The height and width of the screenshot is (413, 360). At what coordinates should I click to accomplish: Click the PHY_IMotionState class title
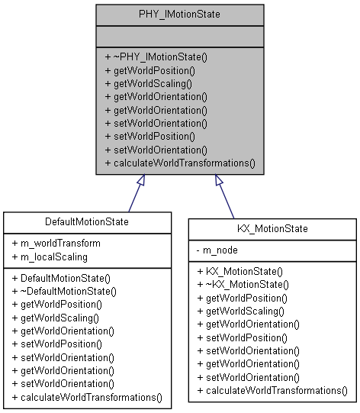click(179, 15)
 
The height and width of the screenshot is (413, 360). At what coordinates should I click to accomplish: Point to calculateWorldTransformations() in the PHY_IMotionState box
click(179, 163)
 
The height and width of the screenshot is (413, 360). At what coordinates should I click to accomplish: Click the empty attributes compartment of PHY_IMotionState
click(179, 36)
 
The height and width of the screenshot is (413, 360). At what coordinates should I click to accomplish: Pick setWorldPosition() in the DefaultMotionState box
click(56, 344)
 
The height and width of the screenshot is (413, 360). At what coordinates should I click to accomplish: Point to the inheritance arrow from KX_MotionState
click(226, 196)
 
